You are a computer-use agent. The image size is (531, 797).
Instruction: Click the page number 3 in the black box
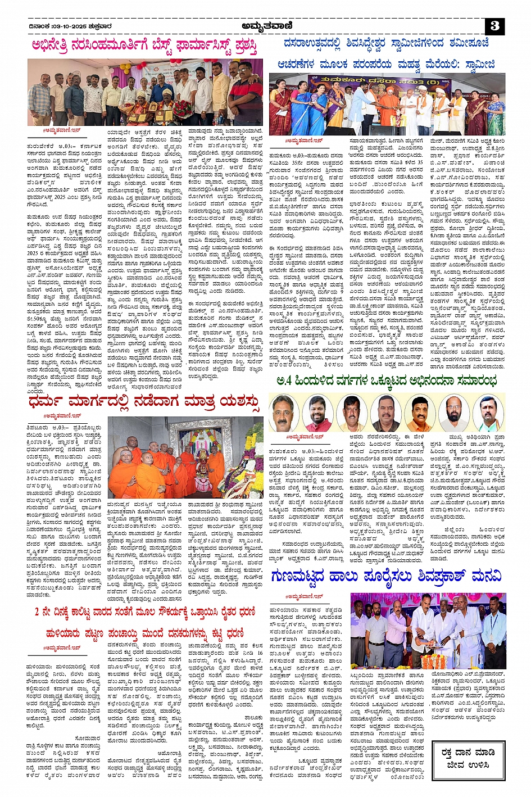[494, 26]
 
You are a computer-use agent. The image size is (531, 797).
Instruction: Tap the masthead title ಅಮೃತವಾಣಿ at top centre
[265, 25]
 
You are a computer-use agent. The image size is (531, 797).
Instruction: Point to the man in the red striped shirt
[246, 93]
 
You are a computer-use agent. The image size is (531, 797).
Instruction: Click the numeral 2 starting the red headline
[38, 611]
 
